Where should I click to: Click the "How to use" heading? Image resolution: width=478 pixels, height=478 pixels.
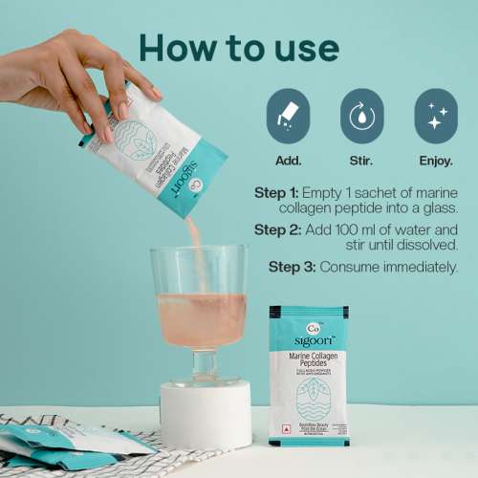pos(238,47)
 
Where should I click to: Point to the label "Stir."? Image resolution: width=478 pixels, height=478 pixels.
pos(361,160)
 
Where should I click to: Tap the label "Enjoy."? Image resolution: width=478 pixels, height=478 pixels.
pos(435,160)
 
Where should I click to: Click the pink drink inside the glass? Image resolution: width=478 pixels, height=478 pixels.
pos(199,319)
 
